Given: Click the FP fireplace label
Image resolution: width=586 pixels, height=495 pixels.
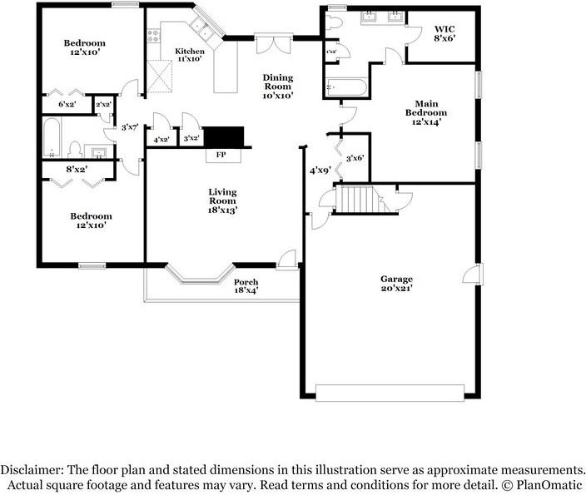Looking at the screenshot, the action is [221, 154].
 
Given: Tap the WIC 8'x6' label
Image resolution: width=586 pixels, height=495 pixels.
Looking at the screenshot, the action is [444, 33].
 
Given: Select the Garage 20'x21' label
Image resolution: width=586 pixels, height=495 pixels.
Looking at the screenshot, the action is [396, 283].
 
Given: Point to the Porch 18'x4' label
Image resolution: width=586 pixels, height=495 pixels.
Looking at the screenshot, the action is [246, 286].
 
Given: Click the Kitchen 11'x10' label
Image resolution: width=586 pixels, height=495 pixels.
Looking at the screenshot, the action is [190, 55].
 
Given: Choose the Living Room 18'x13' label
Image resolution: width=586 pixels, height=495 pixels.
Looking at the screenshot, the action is [222, 201].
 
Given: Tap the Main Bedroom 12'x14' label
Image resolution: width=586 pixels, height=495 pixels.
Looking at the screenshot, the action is [426, 112].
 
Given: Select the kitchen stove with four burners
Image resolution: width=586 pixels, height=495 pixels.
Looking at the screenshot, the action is [154, 36].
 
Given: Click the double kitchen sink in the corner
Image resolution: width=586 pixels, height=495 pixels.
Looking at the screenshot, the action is [201, 29].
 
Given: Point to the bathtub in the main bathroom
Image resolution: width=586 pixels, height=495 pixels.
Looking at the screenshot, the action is [346, 88].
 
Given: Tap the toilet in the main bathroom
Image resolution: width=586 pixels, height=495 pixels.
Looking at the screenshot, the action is [334, 23].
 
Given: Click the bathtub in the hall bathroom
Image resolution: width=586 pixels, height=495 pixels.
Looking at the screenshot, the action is [52, 137].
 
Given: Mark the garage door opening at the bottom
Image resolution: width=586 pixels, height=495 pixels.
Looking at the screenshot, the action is [390, 393].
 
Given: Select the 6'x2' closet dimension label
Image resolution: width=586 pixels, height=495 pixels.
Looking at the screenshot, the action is [67, 104].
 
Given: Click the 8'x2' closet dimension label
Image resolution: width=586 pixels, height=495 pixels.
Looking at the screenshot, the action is [77, 169].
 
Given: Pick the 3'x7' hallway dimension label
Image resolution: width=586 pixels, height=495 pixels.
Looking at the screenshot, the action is [130, 127].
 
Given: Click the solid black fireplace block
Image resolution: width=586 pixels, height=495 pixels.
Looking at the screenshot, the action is [224, 136].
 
